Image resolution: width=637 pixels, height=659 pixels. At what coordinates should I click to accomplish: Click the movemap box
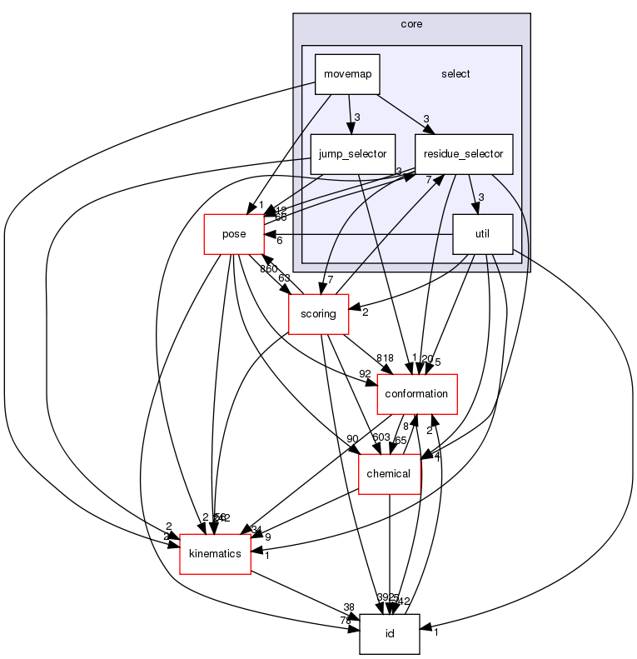point(347,73)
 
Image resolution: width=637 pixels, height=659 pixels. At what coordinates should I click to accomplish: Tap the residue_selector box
point(463,154)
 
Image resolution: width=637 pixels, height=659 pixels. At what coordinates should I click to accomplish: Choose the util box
point(481,235)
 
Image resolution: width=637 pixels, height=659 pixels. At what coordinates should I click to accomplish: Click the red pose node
point(234,234)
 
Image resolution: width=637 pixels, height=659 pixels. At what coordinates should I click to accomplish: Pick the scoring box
point(317,314)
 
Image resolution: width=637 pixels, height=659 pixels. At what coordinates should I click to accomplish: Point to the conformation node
point(418,394)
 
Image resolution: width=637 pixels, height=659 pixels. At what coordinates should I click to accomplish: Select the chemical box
point(389,474)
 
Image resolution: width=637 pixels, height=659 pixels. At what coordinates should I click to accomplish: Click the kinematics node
point(216,554)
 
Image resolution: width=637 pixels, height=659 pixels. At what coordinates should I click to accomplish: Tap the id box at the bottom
point(389,634)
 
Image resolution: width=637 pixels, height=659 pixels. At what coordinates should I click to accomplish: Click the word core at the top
point(411,24)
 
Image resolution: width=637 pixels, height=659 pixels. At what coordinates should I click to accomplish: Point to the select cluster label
point(455,74)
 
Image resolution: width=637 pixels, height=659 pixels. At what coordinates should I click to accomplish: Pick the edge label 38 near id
point(348,607)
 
